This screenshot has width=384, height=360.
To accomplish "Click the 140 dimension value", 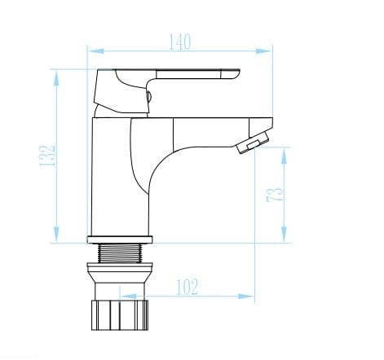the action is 180,42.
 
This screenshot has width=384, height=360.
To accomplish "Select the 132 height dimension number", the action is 47,156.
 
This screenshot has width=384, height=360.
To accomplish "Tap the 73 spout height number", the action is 274,194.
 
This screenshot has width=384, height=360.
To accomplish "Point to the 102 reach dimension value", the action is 188,287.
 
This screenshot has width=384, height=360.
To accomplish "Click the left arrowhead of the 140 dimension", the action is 96,51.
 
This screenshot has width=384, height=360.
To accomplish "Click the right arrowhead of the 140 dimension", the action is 263,51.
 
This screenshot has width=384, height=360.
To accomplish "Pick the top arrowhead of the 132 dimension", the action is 56,78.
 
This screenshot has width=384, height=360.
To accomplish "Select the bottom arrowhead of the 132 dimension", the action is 56,234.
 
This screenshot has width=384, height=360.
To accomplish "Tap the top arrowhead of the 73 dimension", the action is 284,156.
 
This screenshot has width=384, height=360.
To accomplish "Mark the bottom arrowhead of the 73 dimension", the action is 284,234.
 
